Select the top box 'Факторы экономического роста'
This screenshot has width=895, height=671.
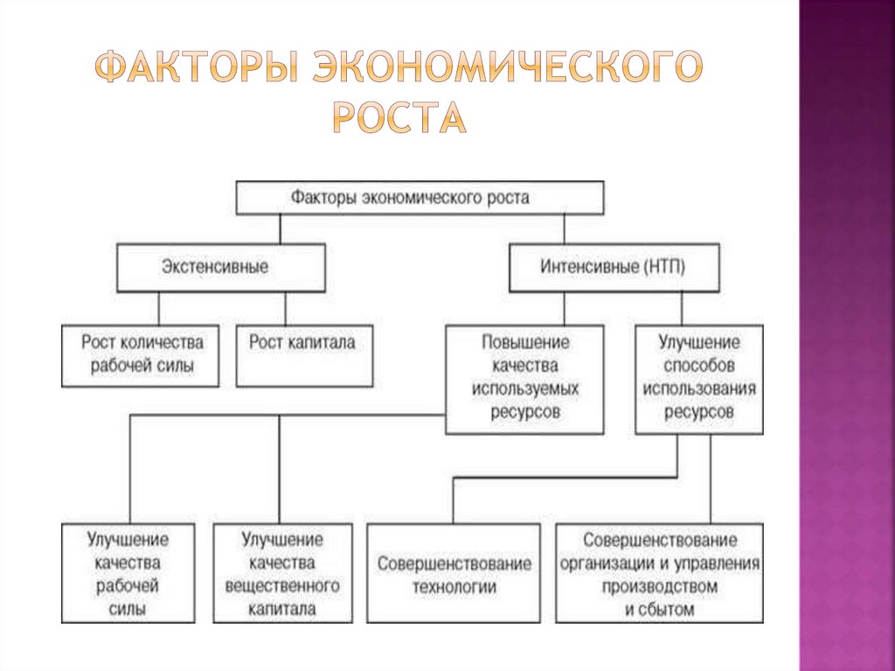coord(420,198)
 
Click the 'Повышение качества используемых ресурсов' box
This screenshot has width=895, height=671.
coord(524,378)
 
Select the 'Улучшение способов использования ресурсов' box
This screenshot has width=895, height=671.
coord(698,378)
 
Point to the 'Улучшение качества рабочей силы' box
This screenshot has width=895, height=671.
coord(128,573)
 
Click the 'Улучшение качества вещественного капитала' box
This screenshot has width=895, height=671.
coord(282,573)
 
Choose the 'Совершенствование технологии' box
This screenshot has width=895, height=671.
coord(454,573)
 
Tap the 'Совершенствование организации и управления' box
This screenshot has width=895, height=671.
coord(659,573)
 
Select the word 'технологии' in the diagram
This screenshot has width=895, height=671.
coord(454,587)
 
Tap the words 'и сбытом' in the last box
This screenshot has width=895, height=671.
coord(659,609)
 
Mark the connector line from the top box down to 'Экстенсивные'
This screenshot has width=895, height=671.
coord(279,229)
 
